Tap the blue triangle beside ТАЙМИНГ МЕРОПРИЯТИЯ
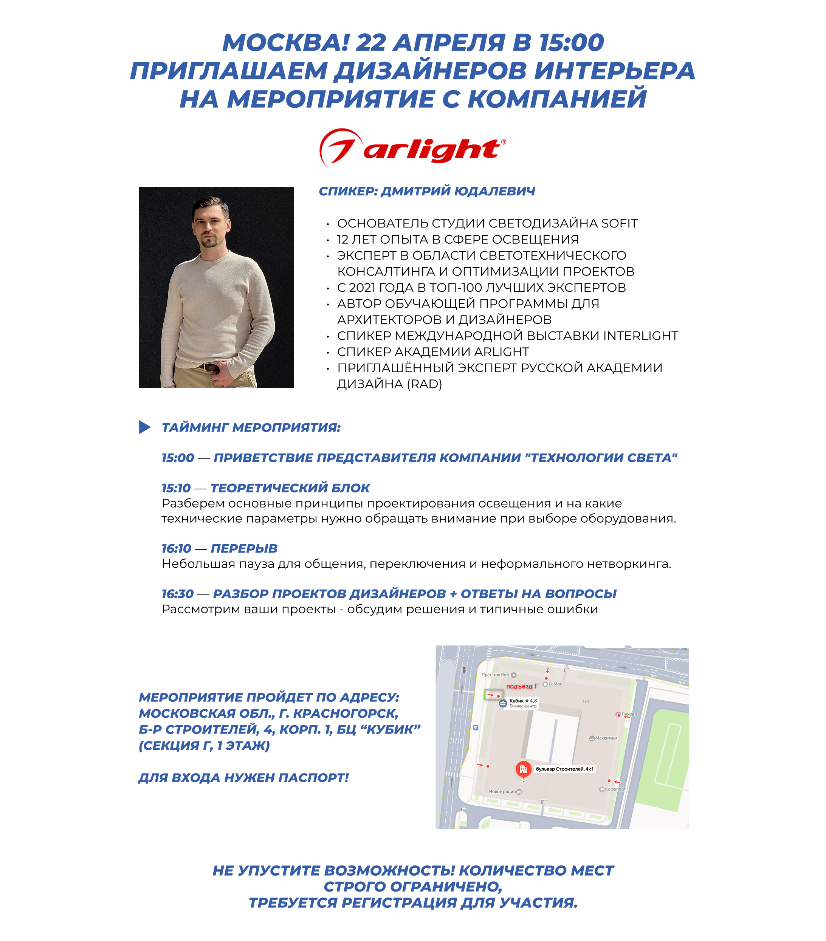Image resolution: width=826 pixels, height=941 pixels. [144, 427]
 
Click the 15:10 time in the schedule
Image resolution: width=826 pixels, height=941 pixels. [176, 488]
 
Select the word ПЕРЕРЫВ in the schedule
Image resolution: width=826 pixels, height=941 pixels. [244, 549]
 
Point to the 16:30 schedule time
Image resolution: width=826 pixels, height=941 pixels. [178, 594]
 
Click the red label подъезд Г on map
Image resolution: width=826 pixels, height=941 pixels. [522, 686]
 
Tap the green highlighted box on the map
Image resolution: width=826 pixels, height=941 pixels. [493, 695]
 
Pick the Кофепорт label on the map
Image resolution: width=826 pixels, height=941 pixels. [615, 789]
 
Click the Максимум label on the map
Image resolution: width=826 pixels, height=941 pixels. [606, 738]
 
